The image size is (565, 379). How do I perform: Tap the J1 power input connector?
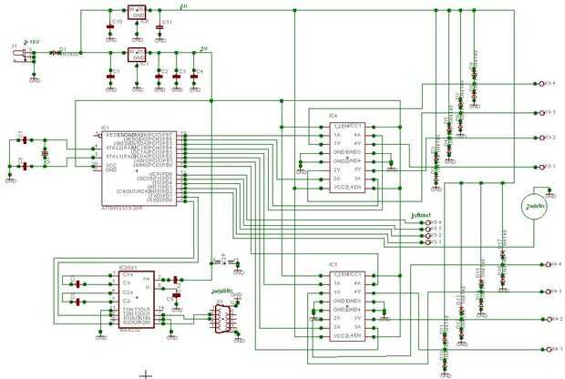[x=17, y=56]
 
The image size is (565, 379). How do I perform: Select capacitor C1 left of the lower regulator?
[x=110, y=70]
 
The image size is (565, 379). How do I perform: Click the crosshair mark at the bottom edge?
[x=144, y=374]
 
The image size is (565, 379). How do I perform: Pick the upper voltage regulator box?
[x=137, y=12]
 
